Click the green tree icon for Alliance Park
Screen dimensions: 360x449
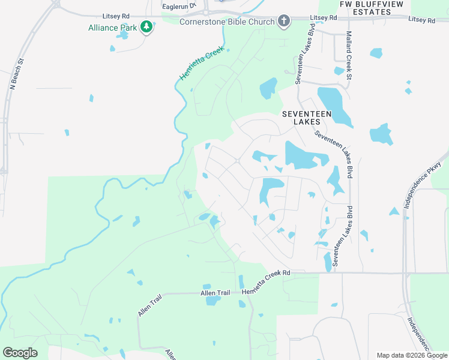coord(146,26)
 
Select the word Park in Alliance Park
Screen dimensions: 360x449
coord(129,28)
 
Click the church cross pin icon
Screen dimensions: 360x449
coord(285,22)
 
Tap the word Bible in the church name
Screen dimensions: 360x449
coord(237,22)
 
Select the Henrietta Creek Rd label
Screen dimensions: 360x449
coord(265,274)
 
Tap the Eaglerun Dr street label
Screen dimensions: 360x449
coord(179,5)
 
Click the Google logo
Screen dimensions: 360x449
coord(20,352)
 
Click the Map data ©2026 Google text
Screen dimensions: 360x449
coord(411,355)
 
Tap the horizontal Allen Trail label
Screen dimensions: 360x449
coord(215,293)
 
